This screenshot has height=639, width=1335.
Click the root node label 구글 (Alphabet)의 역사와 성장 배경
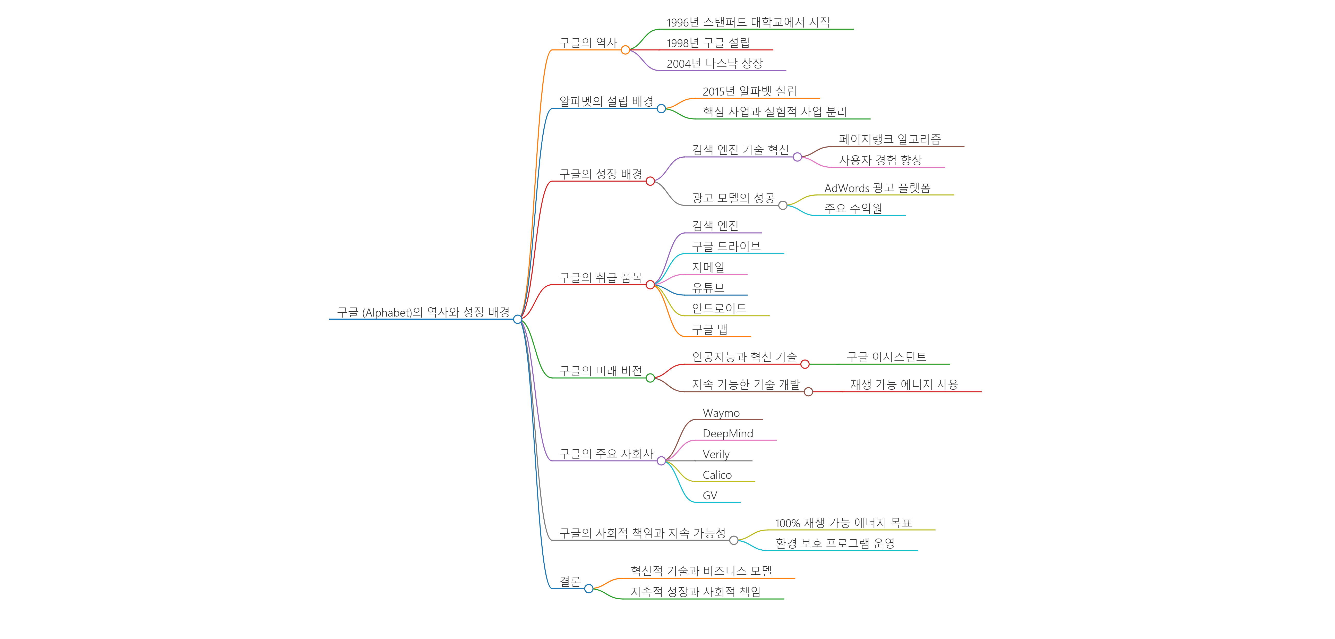(x=423, y=312)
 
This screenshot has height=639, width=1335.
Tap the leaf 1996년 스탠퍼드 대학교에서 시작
(x=748, y=22)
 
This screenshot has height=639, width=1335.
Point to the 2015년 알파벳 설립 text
(x=749, y=91)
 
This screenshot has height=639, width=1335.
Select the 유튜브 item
(x=708, y=288)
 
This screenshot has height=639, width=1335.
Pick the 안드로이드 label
(x=719, y=308)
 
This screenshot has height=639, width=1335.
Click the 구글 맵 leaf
(x=709, y=329)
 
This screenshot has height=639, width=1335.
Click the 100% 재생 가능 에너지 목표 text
(x=843, y=523)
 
